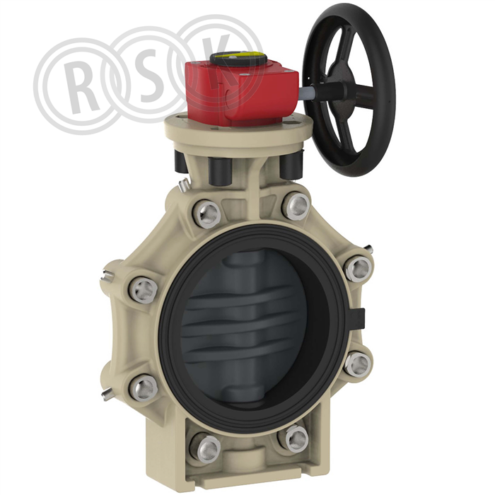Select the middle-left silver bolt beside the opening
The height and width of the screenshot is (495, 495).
click(x=144, y=290)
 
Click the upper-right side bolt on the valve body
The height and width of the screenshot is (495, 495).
click(x=358, y=269)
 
